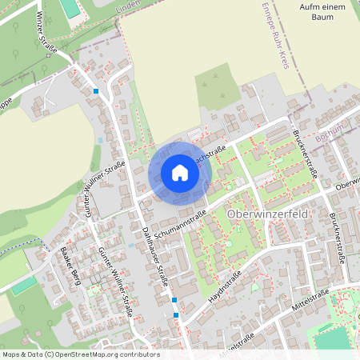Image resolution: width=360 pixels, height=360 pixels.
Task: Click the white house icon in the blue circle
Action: (179, 173)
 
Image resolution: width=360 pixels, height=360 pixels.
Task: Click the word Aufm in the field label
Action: (306, 6)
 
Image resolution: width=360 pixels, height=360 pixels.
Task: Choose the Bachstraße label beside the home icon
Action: (210, 151)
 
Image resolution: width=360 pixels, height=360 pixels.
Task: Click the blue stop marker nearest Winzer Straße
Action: (96, 91)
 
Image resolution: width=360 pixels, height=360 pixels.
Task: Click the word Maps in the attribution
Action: (12, 354)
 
